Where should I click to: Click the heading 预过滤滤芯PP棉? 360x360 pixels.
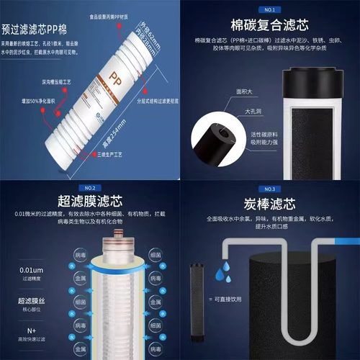[x=43, y=30]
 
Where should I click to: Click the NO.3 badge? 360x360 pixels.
[x=269, y=188]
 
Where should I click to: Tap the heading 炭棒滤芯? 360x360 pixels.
[x=269, y=203]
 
